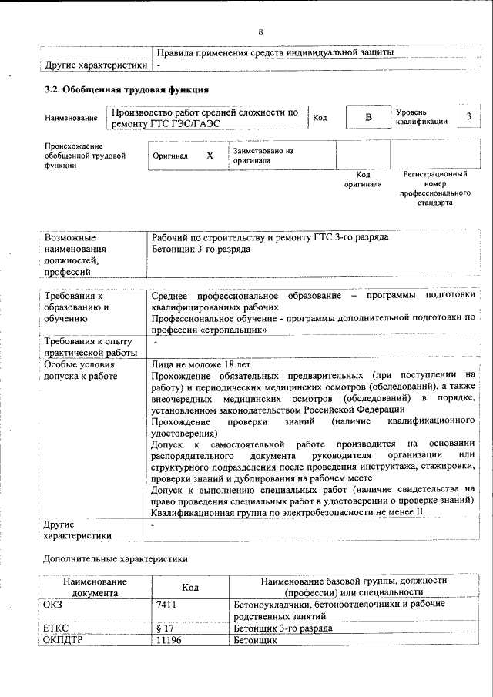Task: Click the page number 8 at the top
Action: pyautogui.click(x=260, y=32)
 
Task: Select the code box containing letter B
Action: pyautogui.click(x=367, y=117)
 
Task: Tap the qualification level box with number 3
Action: pyautogui.click(x=468, y=116)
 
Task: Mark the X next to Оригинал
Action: pyautogui.click(x=210, y=156)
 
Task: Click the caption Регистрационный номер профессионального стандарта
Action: pyautogui.click(x=435, y=189)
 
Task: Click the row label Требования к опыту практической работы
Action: pyautogui.click(x=89, y=347)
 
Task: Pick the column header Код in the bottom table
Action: pyautogui.click(x=189, y=588)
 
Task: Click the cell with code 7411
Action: pyautogui.click(x=166, y=605)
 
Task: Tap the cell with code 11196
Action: pyautogui.click(x=169, y=640)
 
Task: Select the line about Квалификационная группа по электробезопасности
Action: pyautogui.click(x=287, y=512)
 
